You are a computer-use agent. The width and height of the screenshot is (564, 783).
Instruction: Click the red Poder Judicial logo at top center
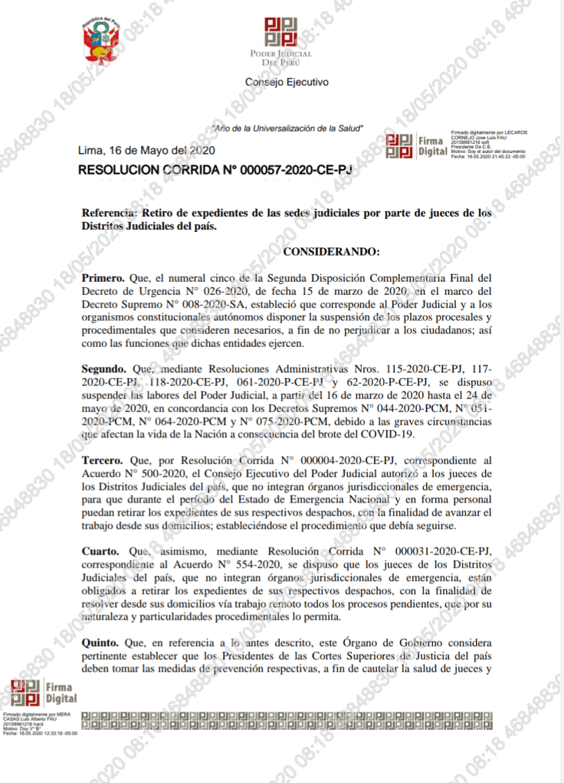click(x=280, y=34)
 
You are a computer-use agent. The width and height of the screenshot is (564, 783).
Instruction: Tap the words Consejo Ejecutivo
click(x=286, y=81)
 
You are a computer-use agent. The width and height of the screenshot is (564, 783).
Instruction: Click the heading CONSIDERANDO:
click(x=331, y=250)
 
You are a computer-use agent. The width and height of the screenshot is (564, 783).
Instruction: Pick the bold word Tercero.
click(x=103, y=460)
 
